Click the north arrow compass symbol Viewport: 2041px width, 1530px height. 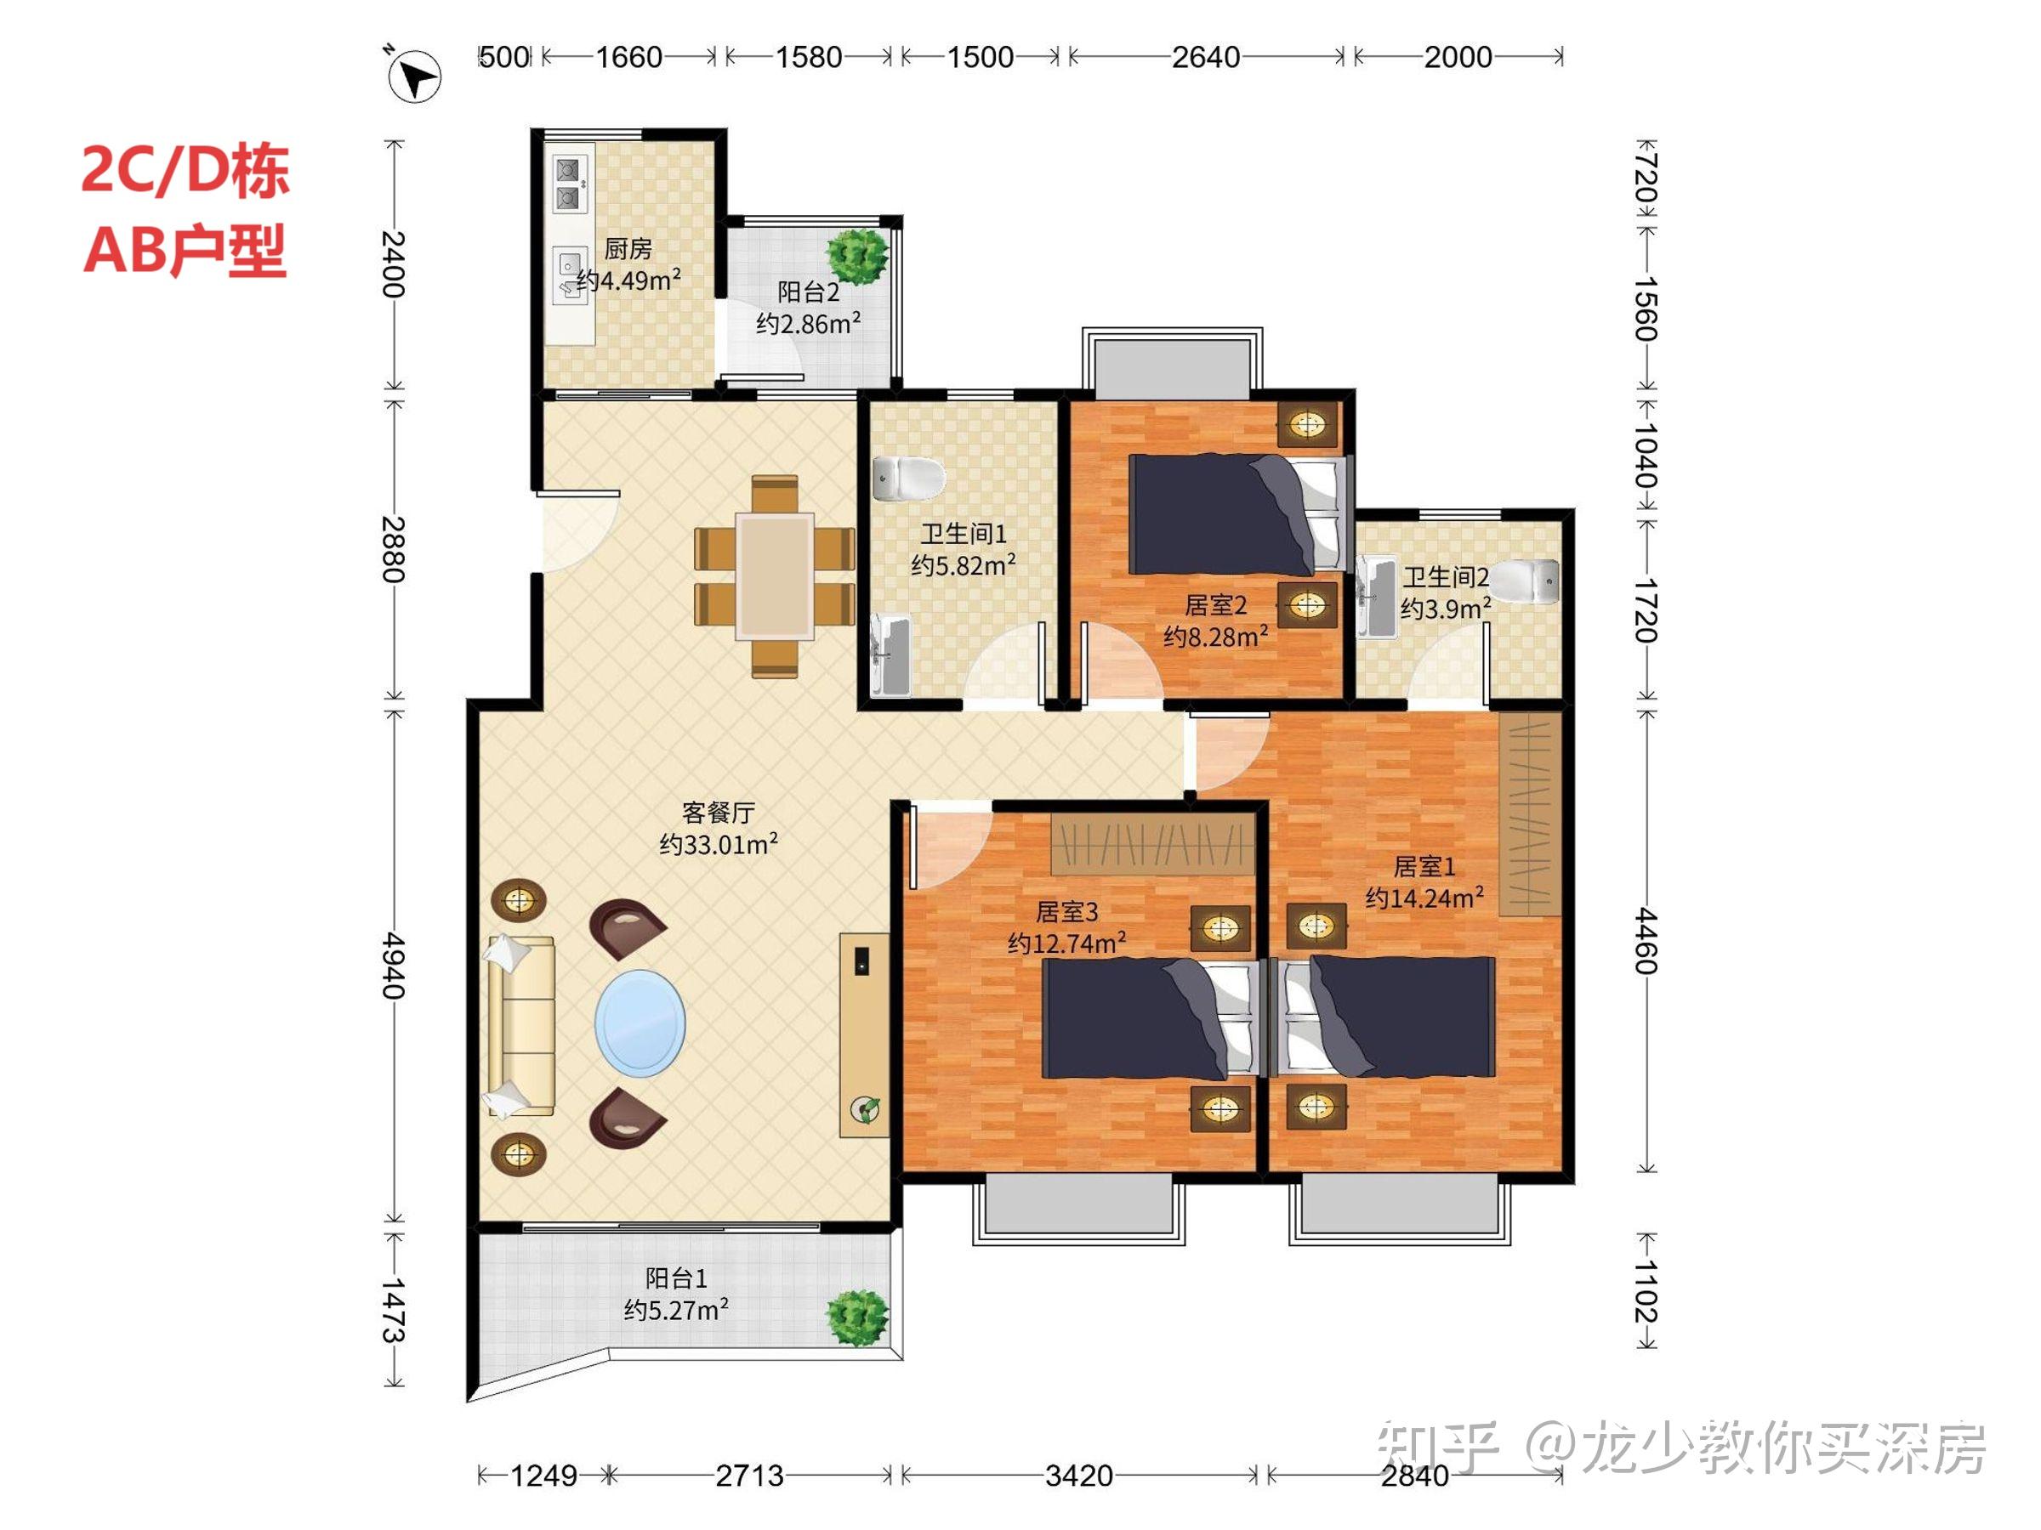pos(414,76)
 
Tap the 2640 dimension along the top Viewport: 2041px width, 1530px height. pos(1205,57)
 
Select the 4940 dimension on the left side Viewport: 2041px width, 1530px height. pos(394,966)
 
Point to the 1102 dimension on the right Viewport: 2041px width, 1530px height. pos(1647,1292)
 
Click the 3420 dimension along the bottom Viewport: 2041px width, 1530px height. pos(1078,1476)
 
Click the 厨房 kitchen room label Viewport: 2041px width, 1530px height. pos(628,249)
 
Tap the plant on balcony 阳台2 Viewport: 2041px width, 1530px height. pos(857,254)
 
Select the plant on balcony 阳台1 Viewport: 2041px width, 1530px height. pos(857,1317)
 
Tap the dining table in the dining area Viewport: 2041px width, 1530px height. pos(775,577)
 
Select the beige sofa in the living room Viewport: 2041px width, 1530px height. pos(520,1027)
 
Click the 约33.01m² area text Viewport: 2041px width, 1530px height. pos(718,844)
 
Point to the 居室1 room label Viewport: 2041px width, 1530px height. pos(1424,867)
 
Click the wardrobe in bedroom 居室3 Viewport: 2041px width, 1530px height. pos(1153,844)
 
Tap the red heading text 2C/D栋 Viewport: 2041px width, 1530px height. pos(185,172)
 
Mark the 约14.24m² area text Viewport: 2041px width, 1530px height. pos(1424,898)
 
